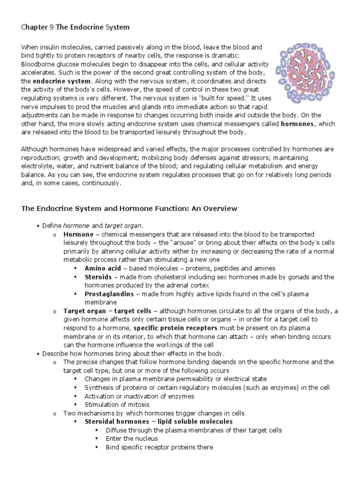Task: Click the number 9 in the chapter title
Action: coord(52,28)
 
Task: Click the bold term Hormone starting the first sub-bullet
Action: coord(78,234)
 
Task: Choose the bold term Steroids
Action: coord(98,277)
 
